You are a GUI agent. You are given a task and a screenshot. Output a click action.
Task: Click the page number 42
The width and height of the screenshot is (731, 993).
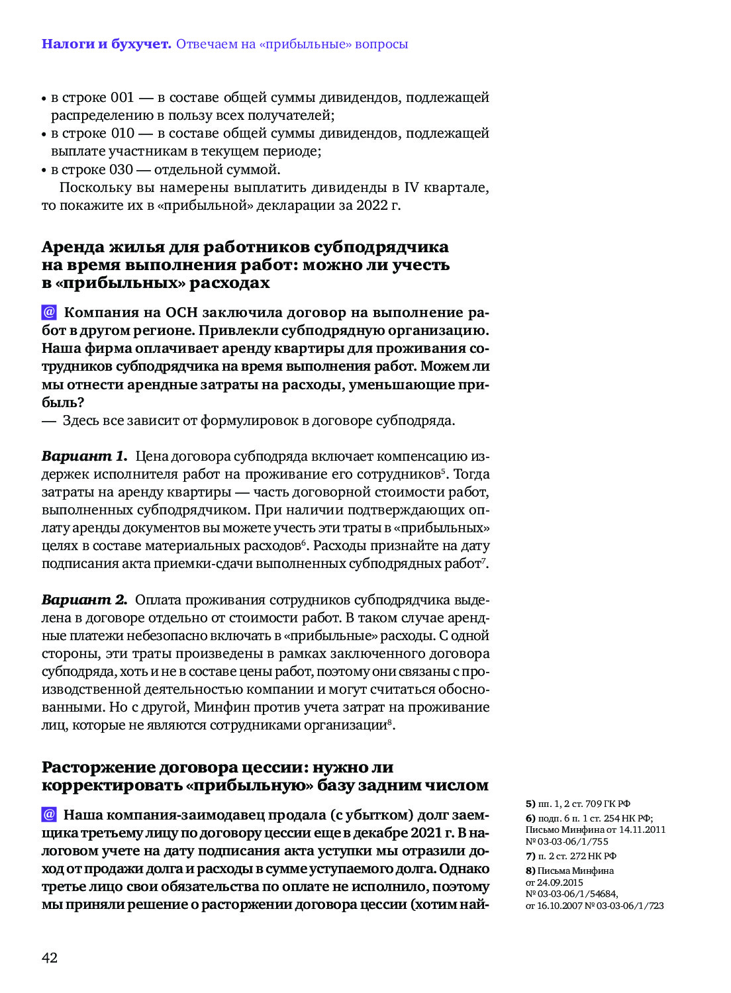(x=50, y=957)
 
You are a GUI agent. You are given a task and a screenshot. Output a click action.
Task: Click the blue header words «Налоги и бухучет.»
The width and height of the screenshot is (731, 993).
(x=106, y=44)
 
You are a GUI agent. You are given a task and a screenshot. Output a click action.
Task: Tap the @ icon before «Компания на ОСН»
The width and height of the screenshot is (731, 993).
(x=49, y=312)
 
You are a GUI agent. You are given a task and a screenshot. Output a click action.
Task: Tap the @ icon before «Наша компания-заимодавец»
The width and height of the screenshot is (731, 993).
(x=49, y=814)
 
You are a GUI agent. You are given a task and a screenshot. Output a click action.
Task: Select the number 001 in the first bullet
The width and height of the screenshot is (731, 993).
(x=122, y=97)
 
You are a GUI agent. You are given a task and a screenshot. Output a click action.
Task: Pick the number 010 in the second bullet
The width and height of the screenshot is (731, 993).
(x=122, y=133)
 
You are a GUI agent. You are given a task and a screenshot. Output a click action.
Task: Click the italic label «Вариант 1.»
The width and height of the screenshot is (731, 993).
(x=84, y=456)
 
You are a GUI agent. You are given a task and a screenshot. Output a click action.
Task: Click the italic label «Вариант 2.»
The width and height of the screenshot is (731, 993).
(x=84, y=600)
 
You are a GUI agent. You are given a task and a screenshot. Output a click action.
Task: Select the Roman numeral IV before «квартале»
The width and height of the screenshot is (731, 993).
(x=411, y=187)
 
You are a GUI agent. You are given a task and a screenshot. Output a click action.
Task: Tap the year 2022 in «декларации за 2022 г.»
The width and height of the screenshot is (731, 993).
(x=371, y=205)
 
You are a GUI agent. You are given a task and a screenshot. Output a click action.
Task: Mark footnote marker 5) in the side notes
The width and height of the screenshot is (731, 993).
(x=530, y=804)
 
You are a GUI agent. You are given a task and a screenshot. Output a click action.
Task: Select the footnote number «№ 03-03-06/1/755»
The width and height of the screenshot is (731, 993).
(x=567, y=841)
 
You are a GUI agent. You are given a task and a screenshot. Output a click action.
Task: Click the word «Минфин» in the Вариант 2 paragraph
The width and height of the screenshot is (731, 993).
(x=221, y=707)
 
